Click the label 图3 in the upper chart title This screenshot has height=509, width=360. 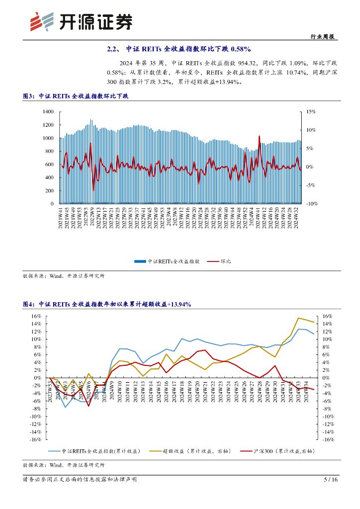pos(29,96)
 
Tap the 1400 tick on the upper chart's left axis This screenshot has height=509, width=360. pos(48,112)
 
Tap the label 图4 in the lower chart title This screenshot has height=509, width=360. pos(29,304)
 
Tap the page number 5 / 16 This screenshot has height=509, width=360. pos(331,480)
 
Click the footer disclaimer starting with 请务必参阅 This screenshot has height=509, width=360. pos(80,480)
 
